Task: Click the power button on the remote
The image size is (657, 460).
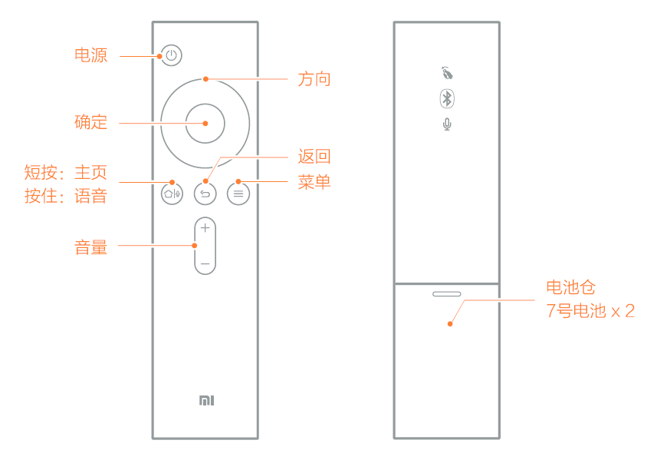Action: click(172, 55)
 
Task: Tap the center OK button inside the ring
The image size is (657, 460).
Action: click(205, 124)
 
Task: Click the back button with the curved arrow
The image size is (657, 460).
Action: click(205, 194)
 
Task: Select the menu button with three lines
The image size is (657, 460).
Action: click(238, 194)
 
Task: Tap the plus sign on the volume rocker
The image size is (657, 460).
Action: click(205, 228)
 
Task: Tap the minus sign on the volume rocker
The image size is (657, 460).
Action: click(205, 264)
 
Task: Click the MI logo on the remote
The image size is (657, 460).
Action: click(206, 400)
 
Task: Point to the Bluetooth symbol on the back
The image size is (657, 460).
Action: click(447, 99)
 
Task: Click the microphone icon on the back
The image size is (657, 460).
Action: click(447, 124)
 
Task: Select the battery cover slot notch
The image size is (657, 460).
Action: click(447, 294)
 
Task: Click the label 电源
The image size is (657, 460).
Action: click(91, 55)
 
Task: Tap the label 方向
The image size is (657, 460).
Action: click(314, 79)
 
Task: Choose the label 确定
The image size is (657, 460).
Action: click(91, 122)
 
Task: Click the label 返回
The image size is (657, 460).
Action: click(314, 156)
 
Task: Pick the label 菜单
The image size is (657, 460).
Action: click(314, 182)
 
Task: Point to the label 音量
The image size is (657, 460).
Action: click(91, 247)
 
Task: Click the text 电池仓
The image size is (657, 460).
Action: click(570, 287)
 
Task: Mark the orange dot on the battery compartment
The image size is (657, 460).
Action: click(450, 323)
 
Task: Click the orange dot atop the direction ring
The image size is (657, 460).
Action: click(205, 79)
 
